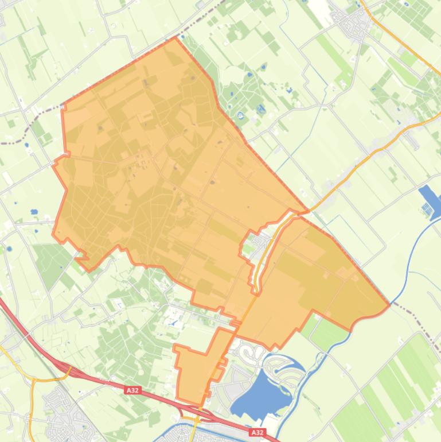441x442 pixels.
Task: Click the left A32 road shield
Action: click(x=132, y=390)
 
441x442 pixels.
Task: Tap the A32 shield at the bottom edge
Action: click(x=257, y=432)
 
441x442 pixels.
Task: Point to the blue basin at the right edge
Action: click(x=430, y=201)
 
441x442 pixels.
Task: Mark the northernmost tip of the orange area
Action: click(x=175, y=38)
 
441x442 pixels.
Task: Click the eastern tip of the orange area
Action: click(x=389, y=304)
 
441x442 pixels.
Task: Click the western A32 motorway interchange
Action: click(x=63, y=367)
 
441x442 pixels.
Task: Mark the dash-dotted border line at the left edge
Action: click(x=29, y=123)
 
